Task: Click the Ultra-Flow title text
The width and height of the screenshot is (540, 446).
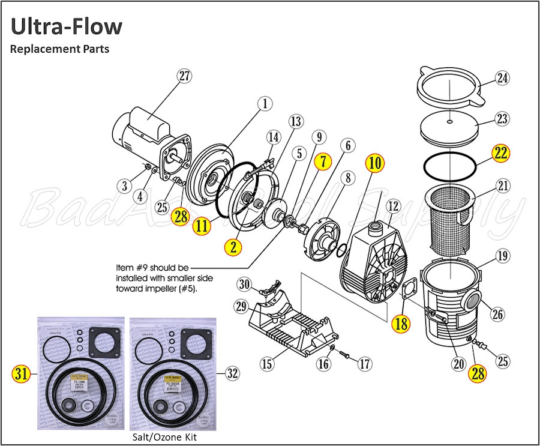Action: [67, 26]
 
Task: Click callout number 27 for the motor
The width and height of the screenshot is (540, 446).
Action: [184, 76]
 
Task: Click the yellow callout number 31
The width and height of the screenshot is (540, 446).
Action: [21, 373]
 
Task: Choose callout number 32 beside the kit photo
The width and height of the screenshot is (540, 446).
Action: [232, 373]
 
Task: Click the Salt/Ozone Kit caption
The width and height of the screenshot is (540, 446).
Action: [164, 436]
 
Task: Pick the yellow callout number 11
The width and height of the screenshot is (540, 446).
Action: [202, 226]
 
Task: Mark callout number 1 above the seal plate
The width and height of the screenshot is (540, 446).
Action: [263, 104]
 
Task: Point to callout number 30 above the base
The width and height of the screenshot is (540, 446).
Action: [244, 283]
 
